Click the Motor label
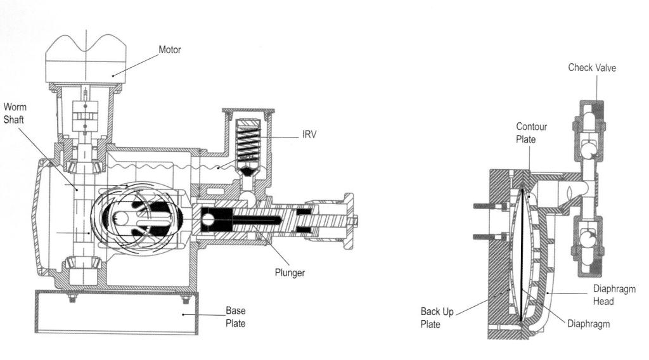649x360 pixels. pos(170,49)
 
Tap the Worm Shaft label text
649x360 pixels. pos(15,113)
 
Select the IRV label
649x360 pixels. pos(309,134)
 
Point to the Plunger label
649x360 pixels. pos(290,273)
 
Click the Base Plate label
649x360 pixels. pos(236,317)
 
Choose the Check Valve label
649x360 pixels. pos(592,67)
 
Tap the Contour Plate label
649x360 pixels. pos(532,133)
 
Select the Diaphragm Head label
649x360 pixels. pos(614,295)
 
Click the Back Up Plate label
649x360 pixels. pos(437,318)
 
